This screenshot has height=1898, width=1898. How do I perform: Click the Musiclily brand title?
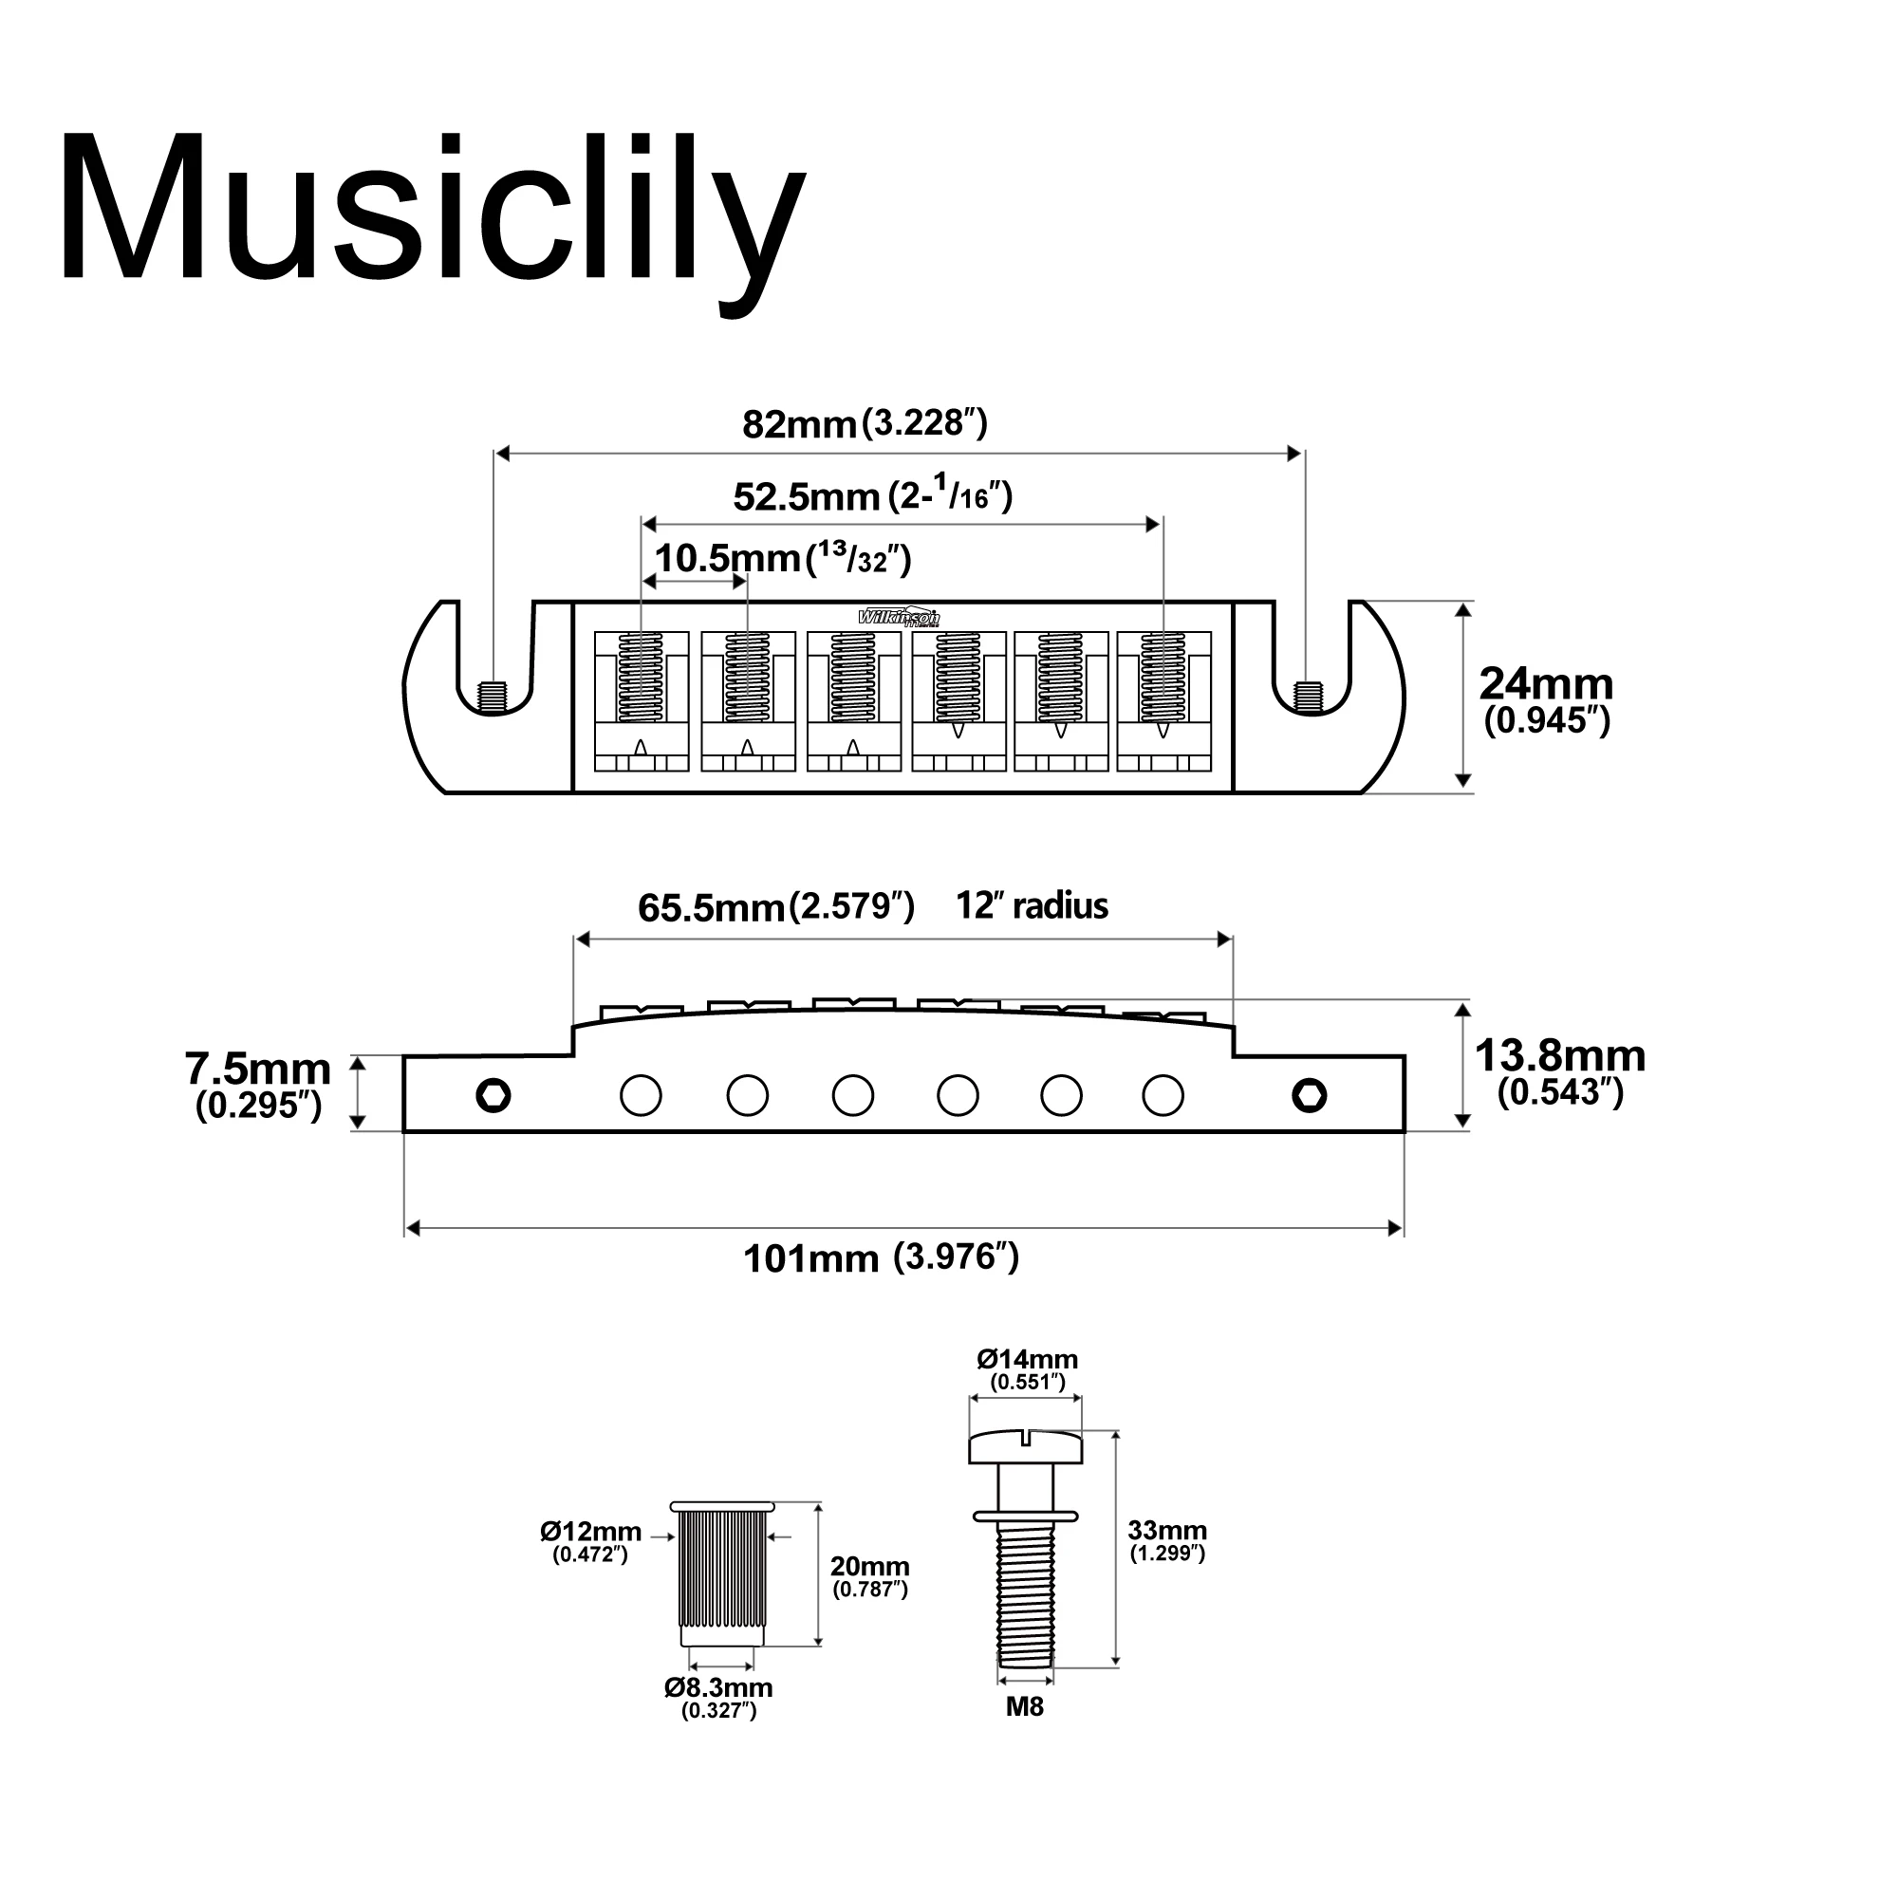pos(432,212)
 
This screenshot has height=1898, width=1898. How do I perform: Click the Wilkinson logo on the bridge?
pos(899,617)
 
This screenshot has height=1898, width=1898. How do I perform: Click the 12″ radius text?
pos(1032,904)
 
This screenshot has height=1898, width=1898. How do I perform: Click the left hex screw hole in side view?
pos(493,1094)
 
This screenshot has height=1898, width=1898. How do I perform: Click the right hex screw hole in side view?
pos(1309,1094)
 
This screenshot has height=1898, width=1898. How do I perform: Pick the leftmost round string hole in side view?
pos(641,1094)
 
